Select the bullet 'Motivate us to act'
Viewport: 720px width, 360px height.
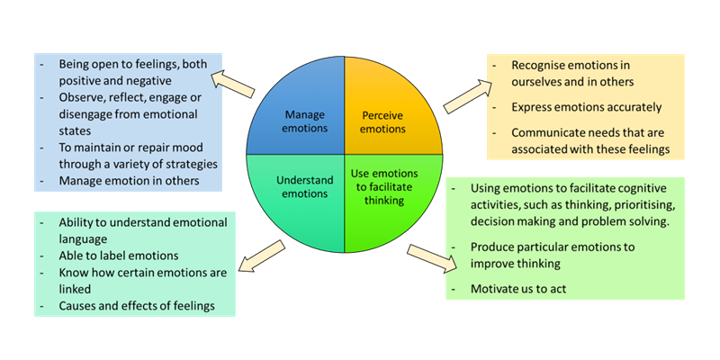[526, 289]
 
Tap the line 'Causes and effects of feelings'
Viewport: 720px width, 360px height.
[138, 306]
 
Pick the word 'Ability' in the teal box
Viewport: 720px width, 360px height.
[77, 222]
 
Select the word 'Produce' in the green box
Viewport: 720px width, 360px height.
[496, 247]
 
